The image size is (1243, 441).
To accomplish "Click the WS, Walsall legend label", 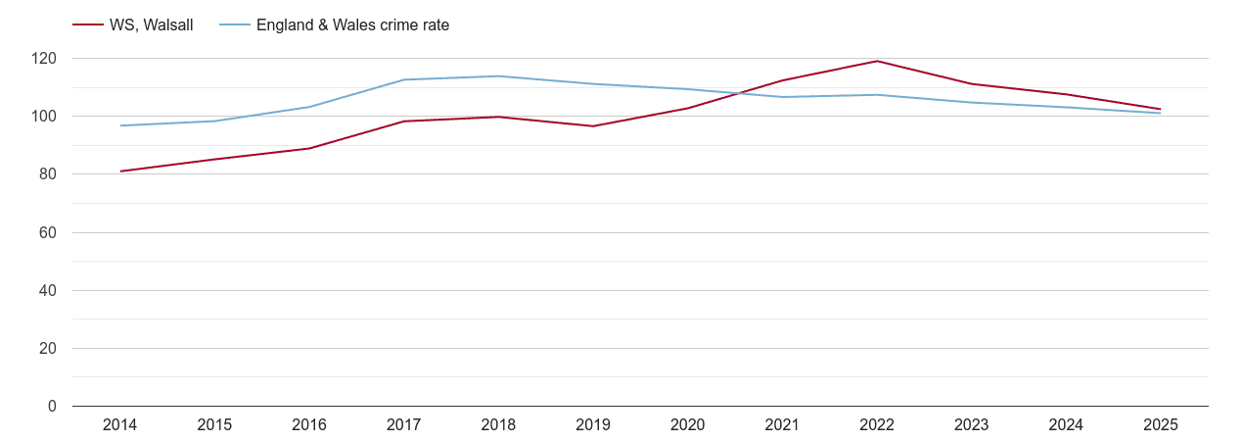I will (151, 25).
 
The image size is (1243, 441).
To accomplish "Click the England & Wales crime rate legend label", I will (352, 25).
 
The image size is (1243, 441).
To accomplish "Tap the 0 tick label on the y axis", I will (53, 407).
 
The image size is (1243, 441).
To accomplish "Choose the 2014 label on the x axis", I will (120, 425).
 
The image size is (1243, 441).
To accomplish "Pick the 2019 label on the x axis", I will (593, 425).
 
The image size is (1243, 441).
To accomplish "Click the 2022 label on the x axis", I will (877, 425).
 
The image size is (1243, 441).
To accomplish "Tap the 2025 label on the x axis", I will (1161, 425).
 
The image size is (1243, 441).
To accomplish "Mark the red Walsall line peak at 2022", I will (877, 61).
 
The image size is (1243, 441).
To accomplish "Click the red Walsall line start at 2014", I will (120, 171).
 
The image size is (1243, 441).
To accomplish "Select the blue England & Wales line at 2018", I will (498, 76).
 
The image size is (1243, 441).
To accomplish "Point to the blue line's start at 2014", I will (120, 125).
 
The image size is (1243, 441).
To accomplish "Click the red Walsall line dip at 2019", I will (593, 125).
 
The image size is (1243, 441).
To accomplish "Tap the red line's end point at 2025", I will (1161, 109).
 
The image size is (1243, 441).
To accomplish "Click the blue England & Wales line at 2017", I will (404, 79).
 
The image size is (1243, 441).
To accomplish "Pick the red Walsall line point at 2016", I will (309, 148).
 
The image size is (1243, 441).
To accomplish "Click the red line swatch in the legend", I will (88, 25).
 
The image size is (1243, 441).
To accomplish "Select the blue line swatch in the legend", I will (235, 25).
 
